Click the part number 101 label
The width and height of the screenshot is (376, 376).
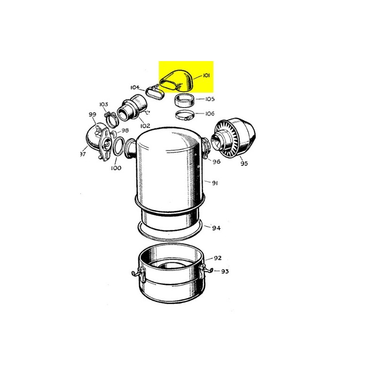(x=206, y=76)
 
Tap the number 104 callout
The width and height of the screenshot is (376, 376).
(x=135, y=87)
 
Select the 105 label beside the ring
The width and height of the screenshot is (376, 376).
(x=210, y=99)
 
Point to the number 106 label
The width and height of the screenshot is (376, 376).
(x=210, y=113)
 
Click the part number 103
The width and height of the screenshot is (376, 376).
(x=103, y=104)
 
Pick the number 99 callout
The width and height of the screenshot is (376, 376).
(x=92, y=115)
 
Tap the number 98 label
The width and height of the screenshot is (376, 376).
(x=125, y=130)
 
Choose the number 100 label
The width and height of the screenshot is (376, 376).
(x=116, y=168)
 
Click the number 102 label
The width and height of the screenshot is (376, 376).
(x=145, y=125)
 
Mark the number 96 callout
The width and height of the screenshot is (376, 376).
(x=216, y=162)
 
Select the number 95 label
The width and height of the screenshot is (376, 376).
(x=244, y=164)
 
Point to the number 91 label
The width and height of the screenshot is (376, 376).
(x=215, y=183)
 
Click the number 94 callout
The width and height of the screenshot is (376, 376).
(x=216, y=228)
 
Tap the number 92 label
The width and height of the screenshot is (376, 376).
(x=218, y=258)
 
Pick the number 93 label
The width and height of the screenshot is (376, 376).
(x=225, y=272)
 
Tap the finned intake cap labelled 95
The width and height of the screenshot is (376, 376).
(x=233, y=138)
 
